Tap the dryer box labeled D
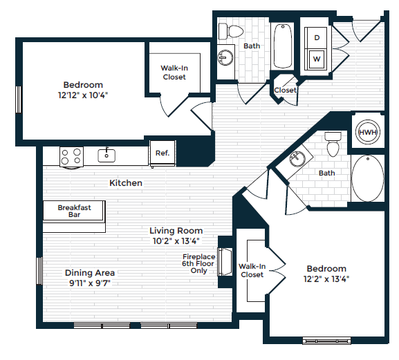317,39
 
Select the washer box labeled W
317,59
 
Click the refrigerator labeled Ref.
163,153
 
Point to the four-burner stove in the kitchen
70,157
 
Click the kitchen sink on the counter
106,154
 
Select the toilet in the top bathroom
230,31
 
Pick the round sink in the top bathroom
225,57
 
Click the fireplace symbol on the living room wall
224,260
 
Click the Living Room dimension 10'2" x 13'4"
176,241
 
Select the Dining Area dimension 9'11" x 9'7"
90,283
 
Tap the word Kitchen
126,183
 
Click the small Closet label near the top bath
285,91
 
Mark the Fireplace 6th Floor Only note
198,263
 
